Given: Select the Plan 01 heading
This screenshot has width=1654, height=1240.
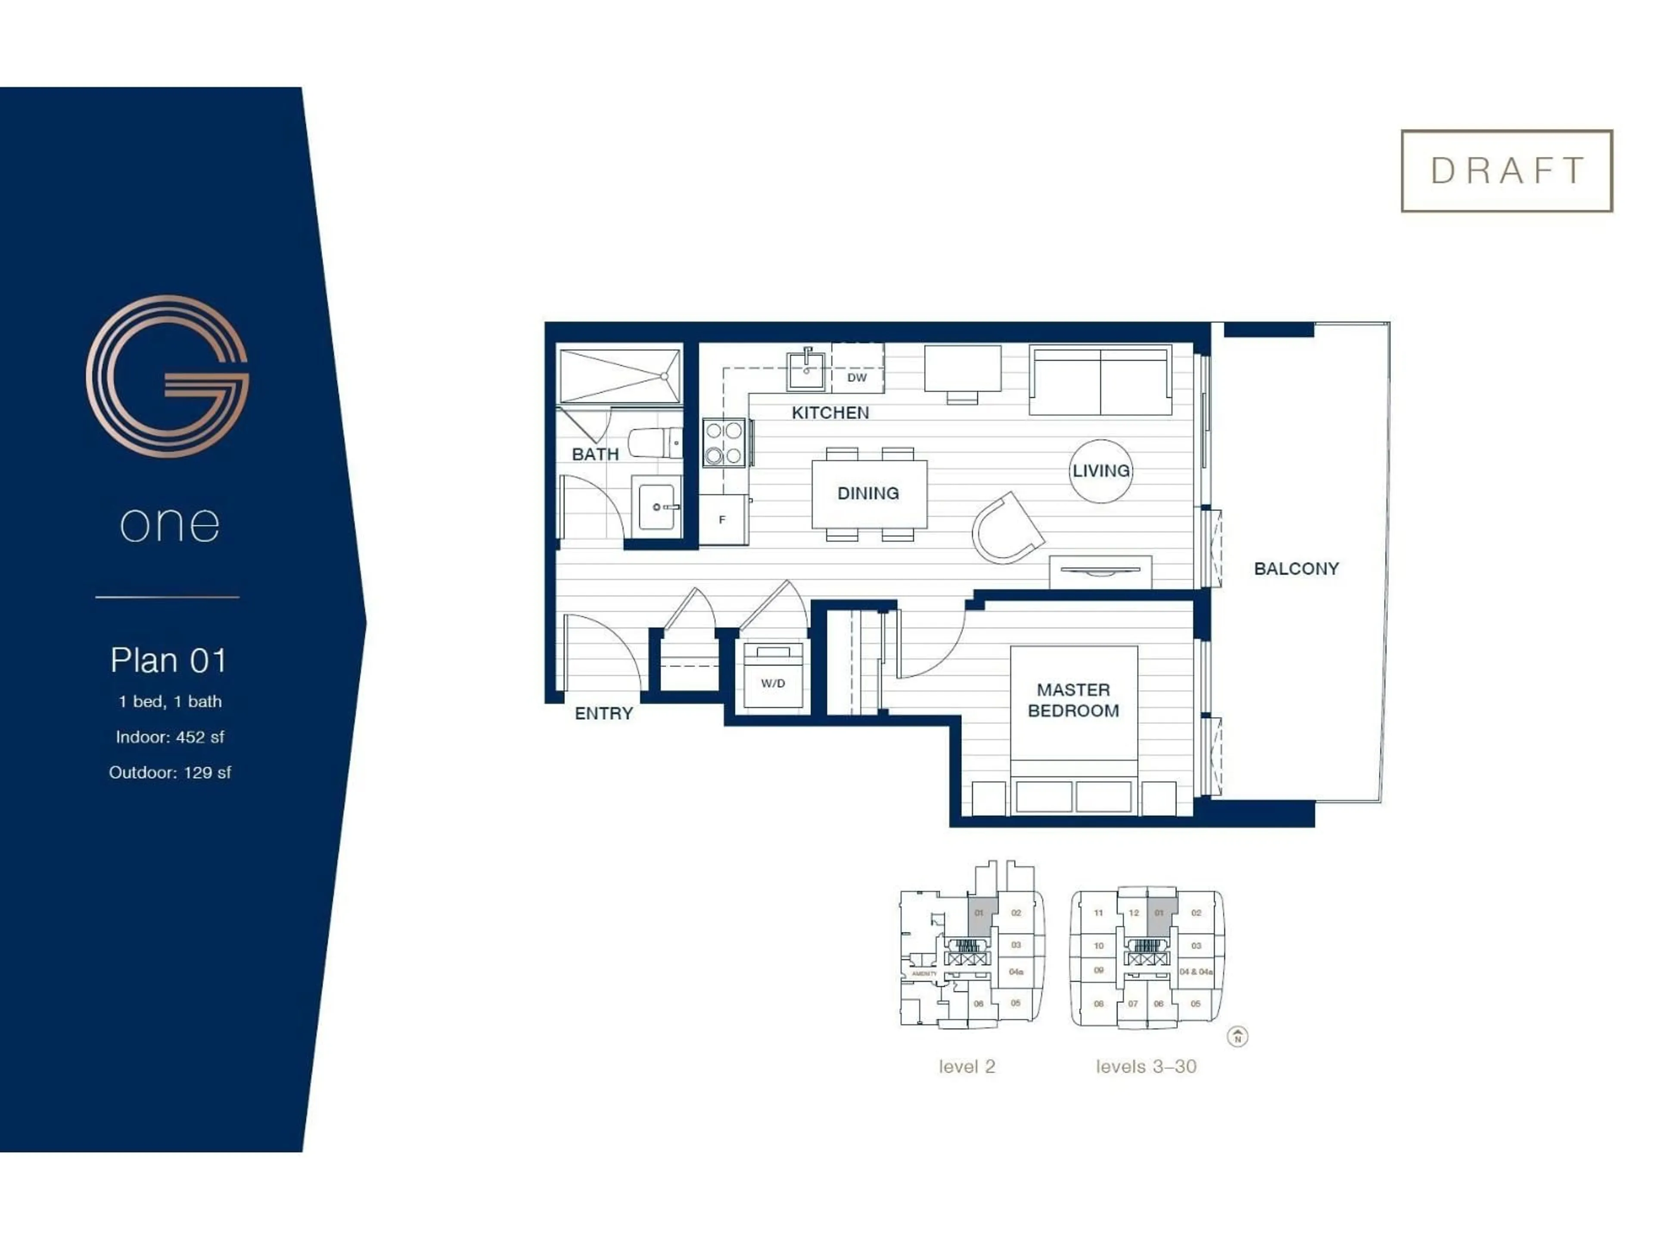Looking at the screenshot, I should click(168, 660).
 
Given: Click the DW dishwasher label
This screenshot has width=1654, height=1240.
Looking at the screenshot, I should click(857, 378).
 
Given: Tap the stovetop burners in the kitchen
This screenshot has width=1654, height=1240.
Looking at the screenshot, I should click(724, 443).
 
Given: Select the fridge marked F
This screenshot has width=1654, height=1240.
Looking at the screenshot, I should click(722, 520).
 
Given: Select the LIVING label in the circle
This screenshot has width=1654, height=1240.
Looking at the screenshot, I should click(1101, 471).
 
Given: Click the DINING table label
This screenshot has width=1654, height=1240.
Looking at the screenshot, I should click(868, 493).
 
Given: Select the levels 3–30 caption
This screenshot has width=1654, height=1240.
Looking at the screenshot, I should click(1146, 1066).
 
